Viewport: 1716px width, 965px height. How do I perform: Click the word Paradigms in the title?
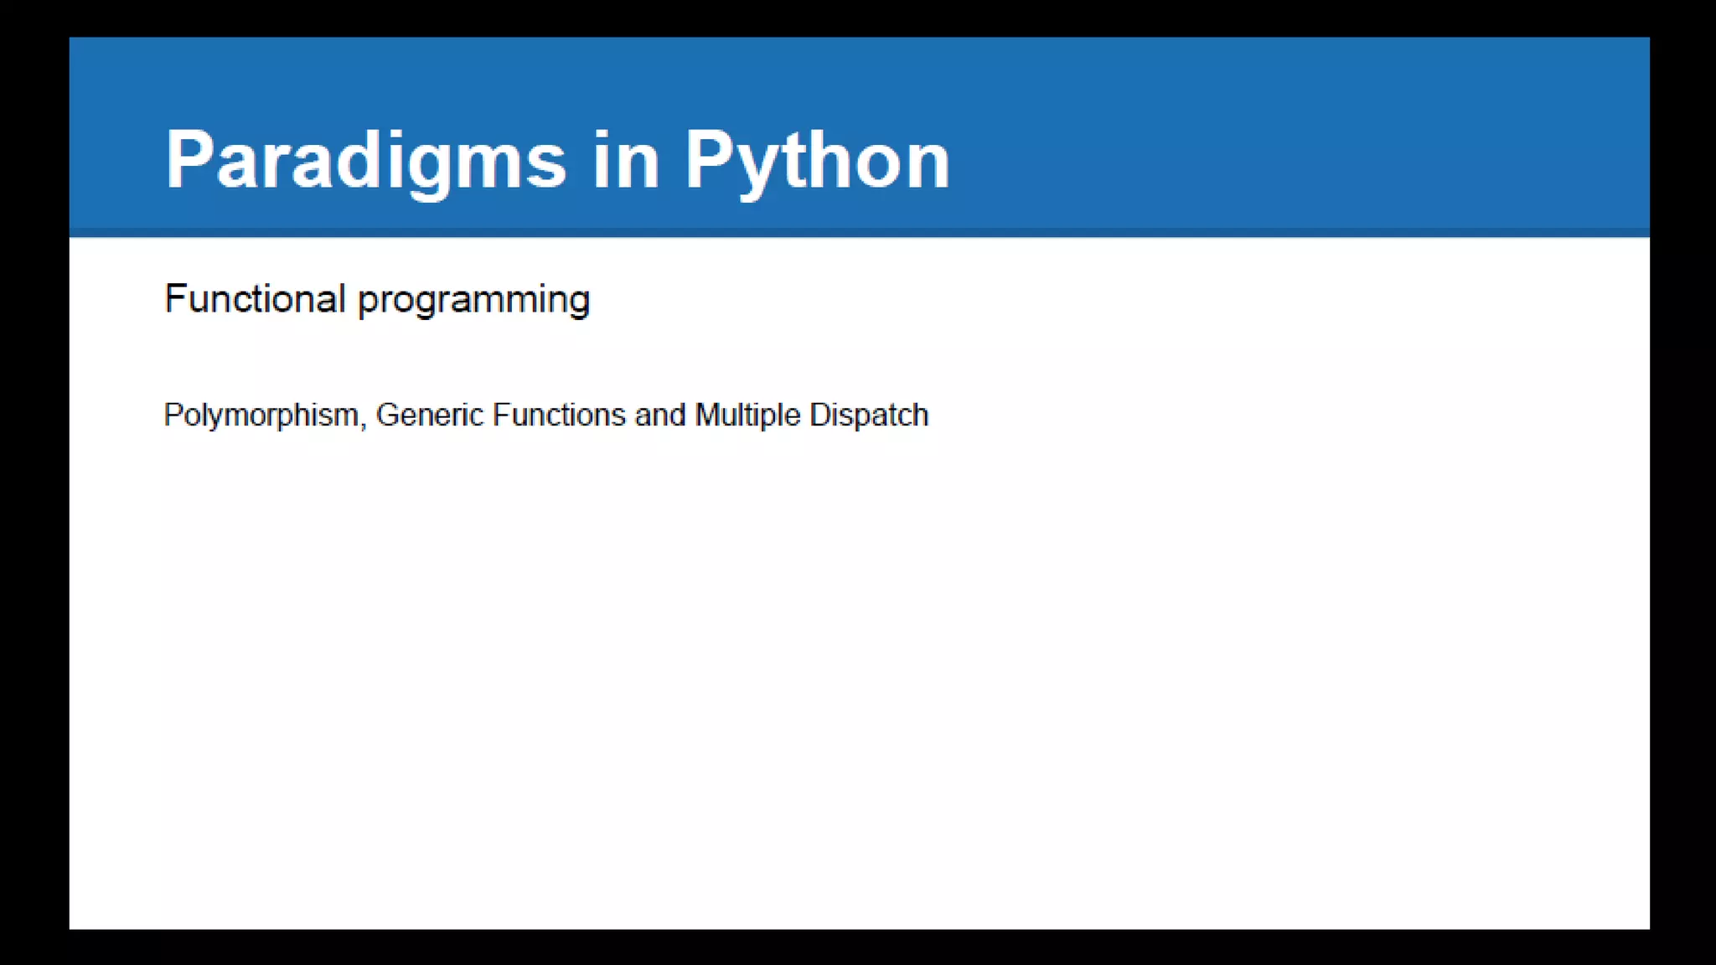coord(366,160)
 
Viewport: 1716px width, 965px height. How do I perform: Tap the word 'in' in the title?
coord(626,160)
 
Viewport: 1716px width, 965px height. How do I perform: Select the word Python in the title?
coord(817,160)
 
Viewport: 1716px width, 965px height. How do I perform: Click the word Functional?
coord(255,299)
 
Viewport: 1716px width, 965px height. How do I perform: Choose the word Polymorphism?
coord(261,415)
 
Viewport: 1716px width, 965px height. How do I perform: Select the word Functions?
coord(559,415)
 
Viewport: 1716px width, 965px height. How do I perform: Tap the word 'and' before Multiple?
coord(660,415)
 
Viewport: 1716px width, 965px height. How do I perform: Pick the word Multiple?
coord(747,415)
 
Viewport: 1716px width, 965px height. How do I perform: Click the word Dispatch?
coord(869,415)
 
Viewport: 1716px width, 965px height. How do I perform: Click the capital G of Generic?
coord(388,415)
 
